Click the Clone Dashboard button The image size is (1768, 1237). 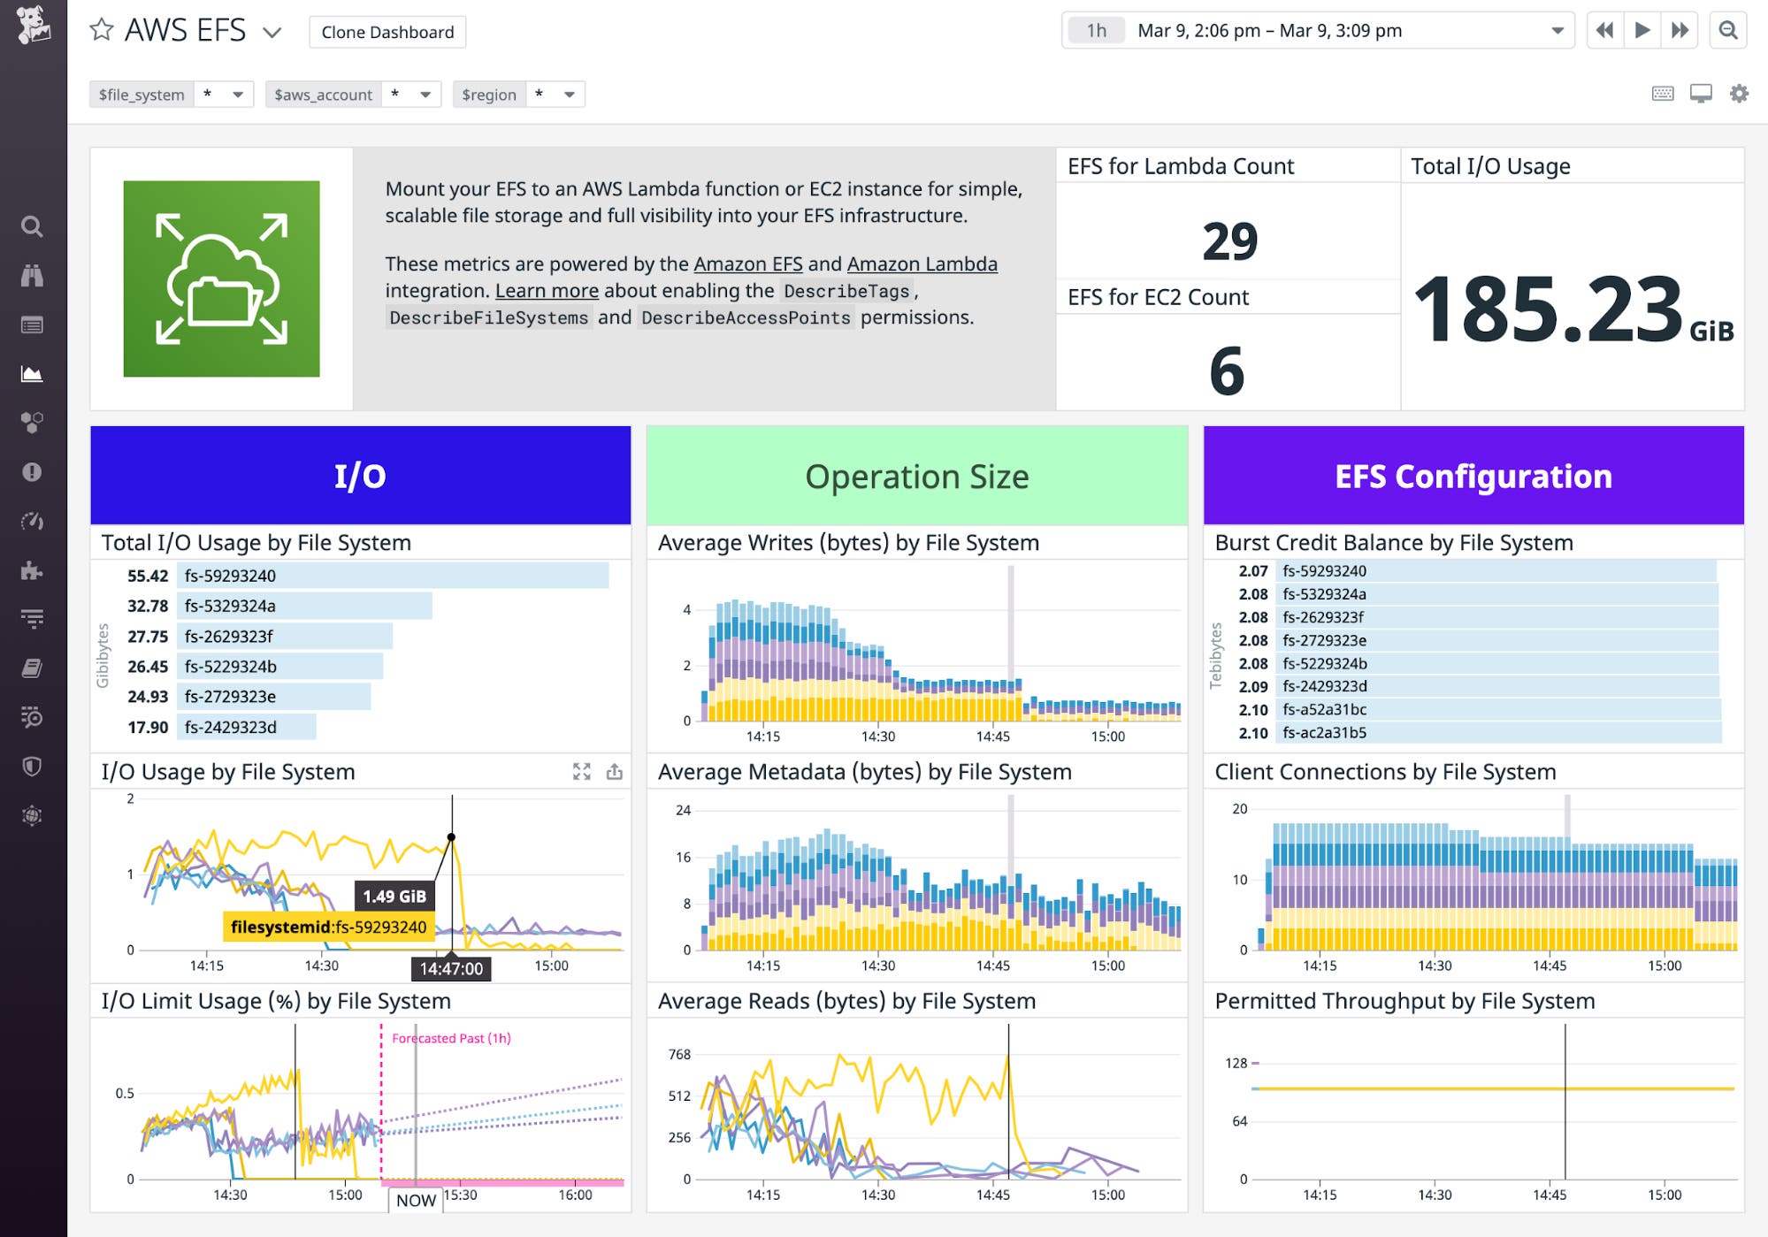[x=387, y=32]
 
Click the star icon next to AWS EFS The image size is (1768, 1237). [x=102, y=30]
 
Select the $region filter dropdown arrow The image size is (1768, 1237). [x=570, y=95]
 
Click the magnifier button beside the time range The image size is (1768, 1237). [x=1727, y=30]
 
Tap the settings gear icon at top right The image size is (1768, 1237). [x=1739, y=94]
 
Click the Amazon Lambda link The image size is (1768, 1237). [x=922, y=263]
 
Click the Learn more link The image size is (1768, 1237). [x=547, y=290]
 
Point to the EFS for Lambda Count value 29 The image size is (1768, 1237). [x=1229, y=241]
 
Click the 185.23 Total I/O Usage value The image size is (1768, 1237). [x=1548, y=309]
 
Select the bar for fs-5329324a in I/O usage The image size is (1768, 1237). [x=305, y=606]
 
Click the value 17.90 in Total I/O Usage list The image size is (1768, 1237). [x=147, y=727]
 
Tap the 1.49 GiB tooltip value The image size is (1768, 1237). [x=394, y=896]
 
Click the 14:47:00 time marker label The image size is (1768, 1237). [x=451, y=968]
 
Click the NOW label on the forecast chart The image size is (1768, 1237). [x=416, y=1200]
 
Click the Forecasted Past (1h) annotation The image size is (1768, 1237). [x=451, y=1038]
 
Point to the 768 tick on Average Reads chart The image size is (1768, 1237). [x=679, y=1054]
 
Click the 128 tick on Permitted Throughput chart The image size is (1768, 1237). [x=1236, y=1063]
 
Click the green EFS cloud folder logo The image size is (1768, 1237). [x=221, y=279]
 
